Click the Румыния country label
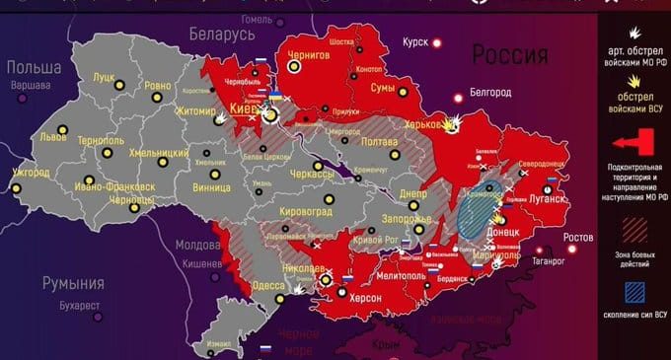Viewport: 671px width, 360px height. click(x=73, y=283)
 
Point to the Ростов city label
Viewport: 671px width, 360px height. click(x=578, y=239)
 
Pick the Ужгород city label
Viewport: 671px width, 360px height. click(x=31, y=173)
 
